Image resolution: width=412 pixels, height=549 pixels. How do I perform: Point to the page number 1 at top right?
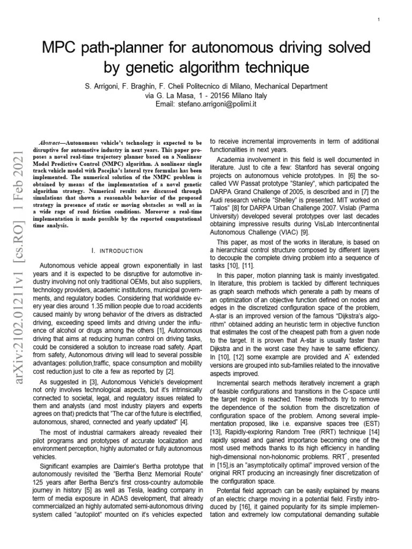(x=379, y=20)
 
